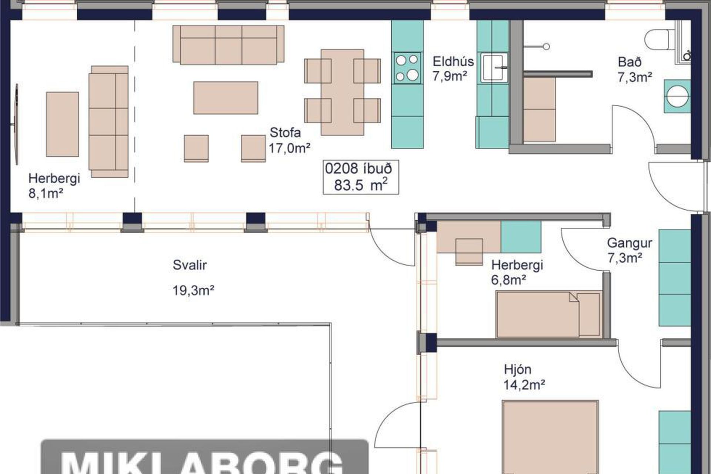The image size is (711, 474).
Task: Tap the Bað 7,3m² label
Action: [635, 69]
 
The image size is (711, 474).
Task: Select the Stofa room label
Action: [285, 133]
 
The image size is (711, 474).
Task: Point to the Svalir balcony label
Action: [190, 265]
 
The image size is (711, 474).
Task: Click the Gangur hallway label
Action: [630, 243]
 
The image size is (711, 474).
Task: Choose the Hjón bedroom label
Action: [518, 370]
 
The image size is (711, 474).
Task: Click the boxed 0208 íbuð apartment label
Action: [361, 177]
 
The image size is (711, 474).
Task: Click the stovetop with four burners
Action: [407, 68]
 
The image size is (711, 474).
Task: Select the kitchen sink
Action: [494, 67]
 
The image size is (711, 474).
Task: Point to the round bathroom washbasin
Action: [677, 96]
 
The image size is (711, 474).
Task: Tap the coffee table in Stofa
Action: [226, 98]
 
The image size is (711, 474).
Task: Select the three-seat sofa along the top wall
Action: [228, 45]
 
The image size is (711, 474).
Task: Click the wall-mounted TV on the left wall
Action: [16, 124]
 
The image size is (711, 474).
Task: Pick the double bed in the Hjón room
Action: [550, 437]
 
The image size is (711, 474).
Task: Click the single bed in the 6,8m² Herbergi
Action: [548, 314]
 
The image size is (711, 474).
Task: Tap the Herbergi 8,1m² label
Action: [54, 186]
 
